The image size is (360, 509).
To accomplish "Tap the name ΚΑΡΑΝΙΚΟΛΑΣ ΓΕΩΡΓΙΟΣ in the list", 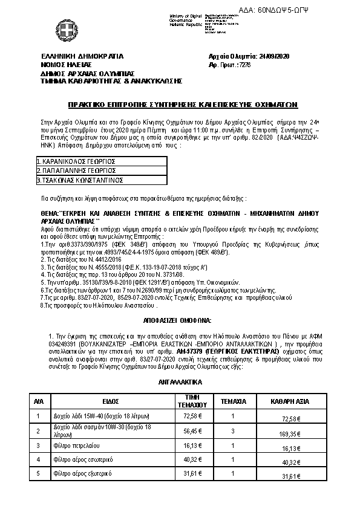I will (x=76, y=162).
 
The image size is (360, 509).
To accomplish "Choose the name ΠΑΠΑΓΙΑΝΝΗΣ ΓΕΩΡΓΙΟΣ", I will (x=76, y=170).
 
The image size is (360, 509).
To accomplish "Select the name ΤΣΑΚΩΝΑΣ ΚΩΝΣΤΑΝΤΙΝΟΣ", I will (x=80, y=180).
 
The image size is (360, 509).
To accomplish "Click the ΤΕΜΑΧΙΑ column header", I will (x=233, y=401).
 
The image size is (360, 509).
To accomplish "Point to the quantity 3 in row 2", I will (x=233, y=431).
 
